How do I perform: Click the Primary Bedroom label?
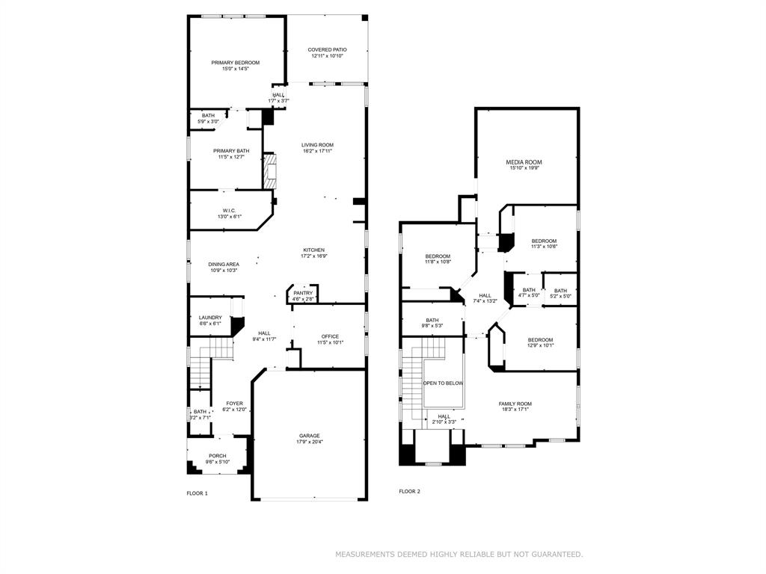coord(235,63)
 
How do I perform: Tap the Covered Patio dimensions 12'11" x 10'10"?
coord(327,56)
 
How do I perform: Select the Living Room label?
coord(317,145)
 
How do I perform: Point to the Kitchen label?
coord(313,250)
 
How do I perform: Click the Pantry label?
coord(303,293)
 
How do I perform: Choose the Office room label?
coord(330,336)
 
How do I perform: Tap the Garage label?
coord(310,436)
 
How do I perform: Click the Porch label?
coord(217,456)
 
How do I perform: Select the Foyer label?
coord(235,404)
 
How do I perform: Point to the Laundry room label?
coord(210,318)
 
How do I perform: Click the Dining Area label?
coord(224,264)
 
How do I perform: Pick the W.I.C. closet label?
coord(229,211)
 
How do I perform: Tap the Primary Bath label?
coord(231,151)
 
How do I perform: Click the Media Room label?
coord(524,162)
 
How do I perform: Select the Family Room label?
coord(515,404)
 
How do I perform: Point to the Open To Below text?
coord(443,383)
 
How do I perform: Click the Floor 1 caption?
coord(197,493)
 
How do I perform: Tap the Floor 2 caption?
coord(409,491)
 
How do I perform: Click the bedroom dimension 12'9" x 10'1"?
coord(540,345)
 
